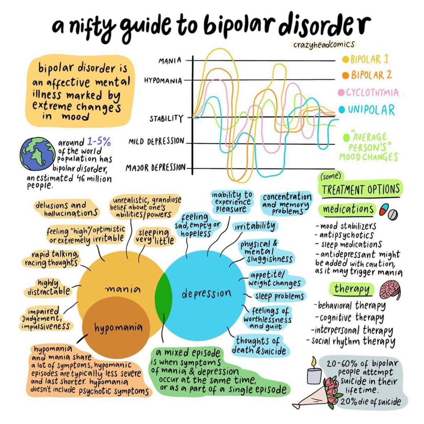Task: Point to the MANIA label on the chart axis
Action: click(170, 61)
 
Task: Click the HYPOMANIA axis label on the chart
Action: click(163, 81)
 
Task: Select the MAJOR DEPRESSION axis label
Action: click(155, 168)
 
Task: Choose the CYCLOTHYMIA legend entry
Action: click(369, 92)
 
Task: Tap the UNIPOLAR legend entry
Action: click(367, 110)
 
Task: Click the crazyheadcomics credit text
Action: click(324, 44)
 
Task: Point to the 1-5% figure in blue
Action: click(99, 141)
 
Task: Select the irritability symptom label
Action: click(254, 226)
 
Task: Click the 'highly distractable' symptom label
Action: click(49, 287)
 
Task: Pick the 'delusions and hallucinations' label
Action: click(67, 208)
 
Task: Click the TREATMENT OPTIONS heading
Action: click(361, 189)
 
